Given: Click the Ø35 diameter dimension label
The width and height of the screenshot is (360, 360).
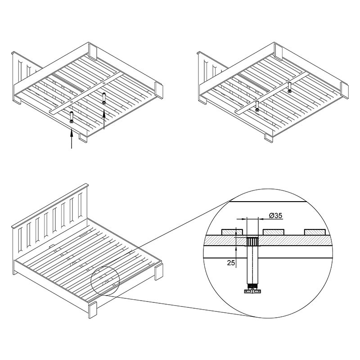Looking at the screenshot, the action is pos(275,216).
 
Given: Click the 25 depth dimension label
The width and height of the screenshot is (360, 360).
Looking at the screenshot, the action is pos(231,263).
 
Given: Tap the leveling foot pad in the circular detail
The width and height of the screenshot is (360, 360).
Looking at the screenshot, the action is pos(252,291).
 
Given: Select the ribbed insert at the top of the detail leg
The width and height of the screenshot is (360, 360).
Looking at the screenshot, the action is pos(252,242).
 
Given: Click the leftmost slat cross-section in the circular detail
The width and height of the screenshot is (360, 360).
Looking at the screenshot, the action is pos(232,232).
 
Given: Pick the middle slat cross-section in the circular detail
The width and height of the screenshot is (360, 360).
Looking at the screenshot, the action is pos(274,232).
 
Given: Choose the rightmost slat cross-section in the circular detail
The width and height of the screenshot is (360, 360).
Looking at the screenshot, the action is pos(315,232).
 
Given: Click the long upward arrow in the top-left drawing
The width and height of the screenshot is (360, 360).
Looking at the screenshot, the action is pos(72,139).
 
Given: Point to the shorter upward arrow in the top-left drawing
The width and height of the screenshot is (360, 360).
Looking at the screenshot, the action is pos(104,119).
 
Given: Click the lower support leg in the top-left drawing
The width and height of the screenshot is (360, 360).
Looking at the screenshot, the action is pos(72,117).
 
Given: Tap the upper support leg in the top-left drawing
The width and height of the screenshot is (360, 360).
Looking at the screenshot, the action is pos(104,98).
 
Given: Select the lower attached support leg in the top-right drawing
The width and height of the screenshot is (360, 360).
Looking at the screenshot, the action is pos(257,106).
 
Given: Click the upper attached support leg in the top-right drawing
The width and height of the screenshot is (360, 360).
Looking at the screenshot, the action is pos(290,87).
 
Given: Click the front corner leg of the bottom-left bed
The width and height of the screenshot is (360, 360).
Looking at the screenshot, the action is pos(93,310).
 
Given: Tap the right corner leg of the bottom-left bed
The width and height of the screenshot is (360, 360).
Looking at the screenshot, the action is pos(159,272).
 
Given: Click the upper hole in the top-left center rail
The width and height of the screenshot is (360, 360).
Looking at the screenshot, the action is pos(104,83).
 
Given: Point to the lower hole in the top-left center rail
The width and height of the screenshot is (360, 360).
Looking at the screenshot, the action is pos(72,101).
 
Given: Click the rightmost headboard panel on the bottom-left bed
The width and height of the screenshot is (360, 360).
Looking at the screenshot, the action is pos(80,206).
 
